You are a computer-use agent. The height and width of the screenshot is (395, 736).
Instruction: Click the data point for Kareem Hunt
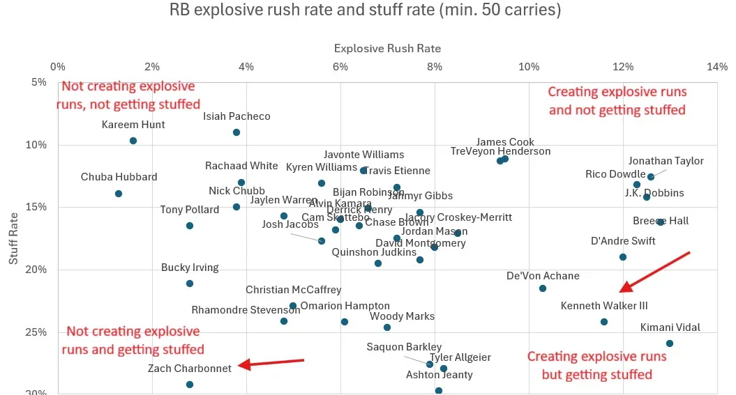coord(133,141)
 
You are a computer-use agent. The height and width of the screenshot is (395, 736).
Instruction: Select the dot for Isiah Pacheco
coord(236,132)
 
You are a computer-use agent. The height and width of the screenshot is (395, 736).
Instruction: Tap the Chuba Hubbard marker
coord(119,194)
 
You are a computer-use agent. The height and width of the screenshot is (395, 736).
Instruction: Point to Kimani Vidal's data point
coord(670,343)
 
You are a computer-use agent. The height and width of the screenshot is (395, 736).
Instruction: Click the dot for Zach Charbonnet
coord(190,385)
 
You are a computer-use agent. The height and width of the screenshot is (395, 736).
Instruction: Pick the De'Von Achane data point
coord(543,288)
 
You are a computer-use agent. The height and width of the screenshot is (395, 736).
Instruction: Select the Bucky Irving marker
coord(190,284)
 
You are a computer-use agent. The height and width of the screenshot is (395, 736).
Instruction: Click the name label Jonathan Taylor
coord(666,161)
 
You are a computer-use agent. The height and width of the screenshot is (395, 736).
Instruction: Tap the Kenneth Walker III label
coord(604,306)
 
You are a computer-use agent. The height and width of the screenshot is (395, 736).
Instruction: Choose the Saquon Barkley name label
coord(404,347)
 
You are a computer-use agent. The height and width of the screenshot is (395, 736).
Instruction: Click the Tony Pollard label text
coord(190,210)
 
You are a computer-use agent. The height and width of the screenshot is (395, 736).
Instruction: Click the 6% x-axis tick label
coord(340,67)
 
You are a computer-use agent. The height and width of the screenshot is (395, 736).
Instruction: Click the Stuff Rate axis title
coord(14,238)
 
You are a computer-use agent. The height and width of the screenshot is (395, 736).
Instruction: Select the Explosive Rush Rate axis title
coord(387,49)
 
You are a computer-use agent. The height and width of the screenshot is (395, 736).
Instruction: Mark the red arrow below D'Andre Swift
coord(654,272)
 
